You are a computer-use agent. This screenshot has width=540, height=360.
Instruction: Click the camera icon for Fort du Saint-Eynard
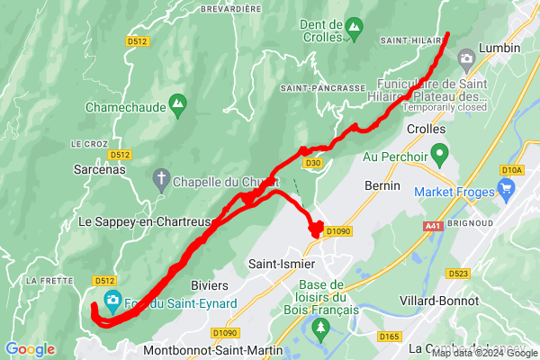112,300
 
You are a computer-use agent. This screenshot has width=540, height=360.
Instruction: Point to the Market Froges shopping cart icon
505,191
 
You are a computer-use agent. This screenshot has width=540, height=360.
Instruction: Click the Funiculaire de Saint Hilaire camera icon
466,59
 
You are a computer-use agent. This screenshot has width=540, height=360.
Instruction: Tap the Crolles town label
427,130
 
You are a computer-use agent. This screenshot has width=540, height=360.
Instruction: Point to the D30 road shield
312,163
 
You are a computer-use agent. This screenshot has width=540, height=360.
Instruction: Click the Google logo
30,348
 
